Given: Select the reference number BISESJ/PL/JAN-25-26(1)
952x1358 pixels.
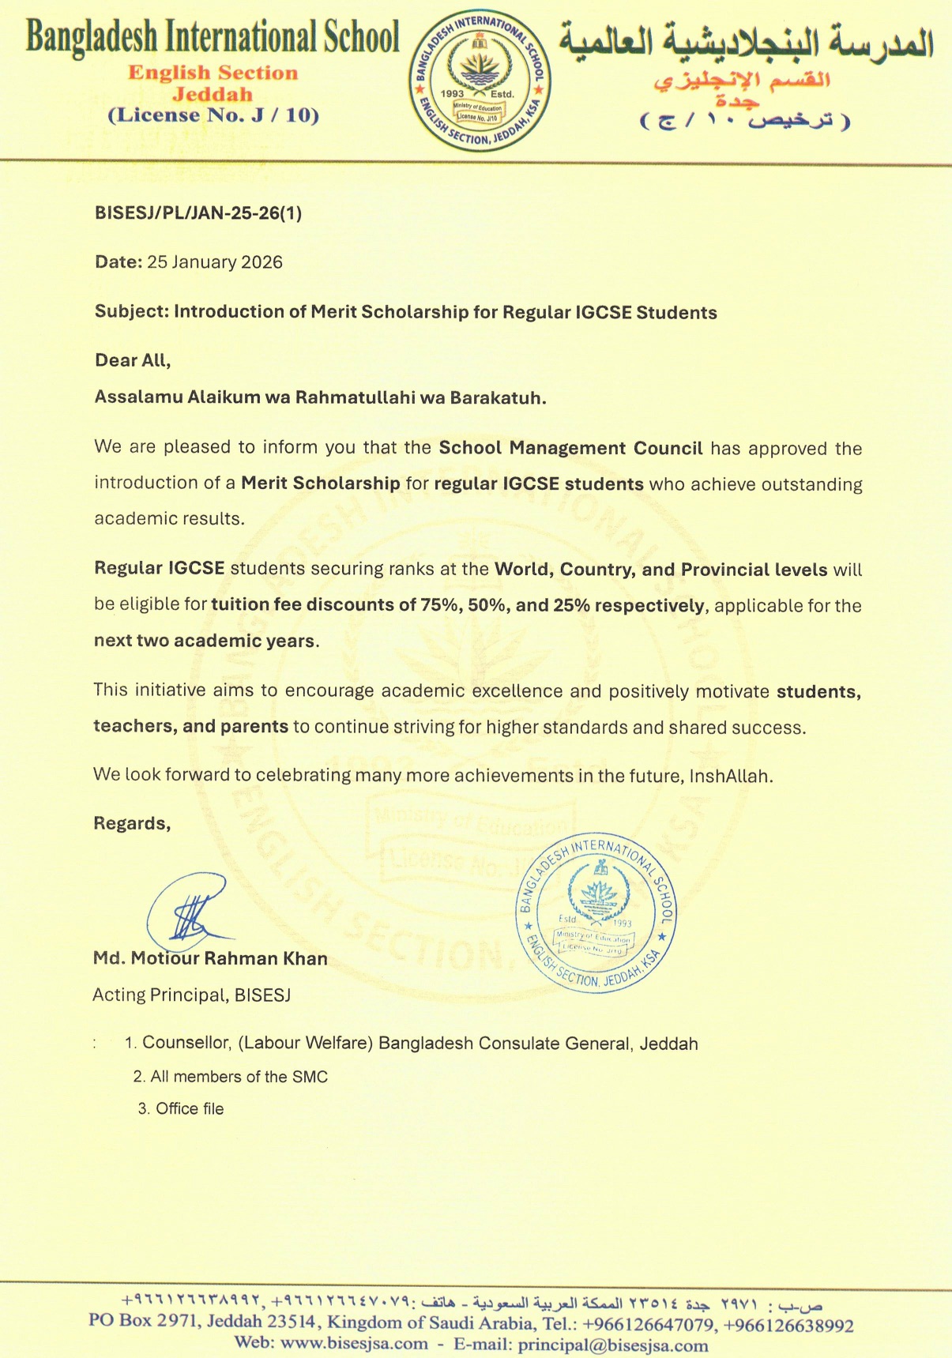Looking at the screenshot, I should (x=198, y=213).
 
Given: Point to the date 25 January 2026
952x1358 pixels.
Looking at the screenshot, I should (x=214, y=262).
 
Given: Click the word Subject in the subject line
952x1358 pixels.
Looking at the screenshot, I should (x=130, y=312).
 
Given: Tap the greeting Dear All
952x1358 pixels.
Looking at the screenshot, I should (x=132, y=361).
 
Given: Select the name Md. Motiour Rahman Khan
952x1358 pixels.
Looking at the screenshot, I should (x=210, y=958).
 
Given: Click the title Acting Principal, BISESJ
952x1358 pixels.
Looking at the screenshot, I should (x=192, y=995).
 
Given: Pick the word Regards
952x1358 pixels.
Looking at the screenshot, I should (x=132, y=823).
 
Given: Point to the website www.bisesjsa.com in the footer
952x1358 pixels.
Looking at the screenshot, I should (x=354, y=1344).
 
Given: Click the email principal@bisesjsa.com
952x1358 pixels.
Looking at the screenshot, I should (x=613, y=1345).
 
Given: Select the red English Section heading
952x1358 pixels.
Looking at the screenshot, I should (x=213, y=73).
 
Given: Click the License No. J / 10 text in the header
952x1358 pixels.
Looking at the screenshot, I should (x=213, y=115).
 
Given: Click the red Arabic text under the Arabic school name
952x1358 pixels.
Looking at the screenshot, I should (x=741, y=80).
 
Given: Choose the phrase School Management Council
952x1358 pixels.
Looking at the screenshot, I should (x=570, y=449).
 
